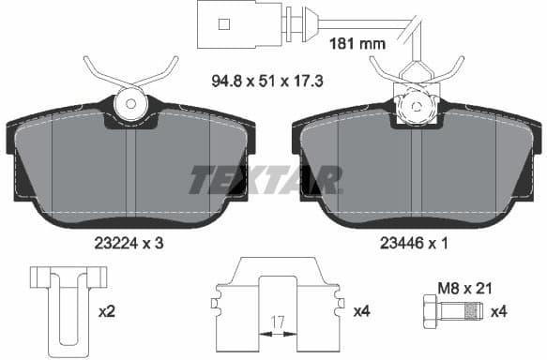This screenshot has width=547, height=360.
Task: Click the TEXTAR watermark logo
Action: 266,178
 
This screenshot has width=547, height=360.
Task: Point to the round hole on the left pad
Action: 131,102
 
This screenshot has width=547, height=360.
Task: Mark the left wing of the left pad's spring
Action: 98,70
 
